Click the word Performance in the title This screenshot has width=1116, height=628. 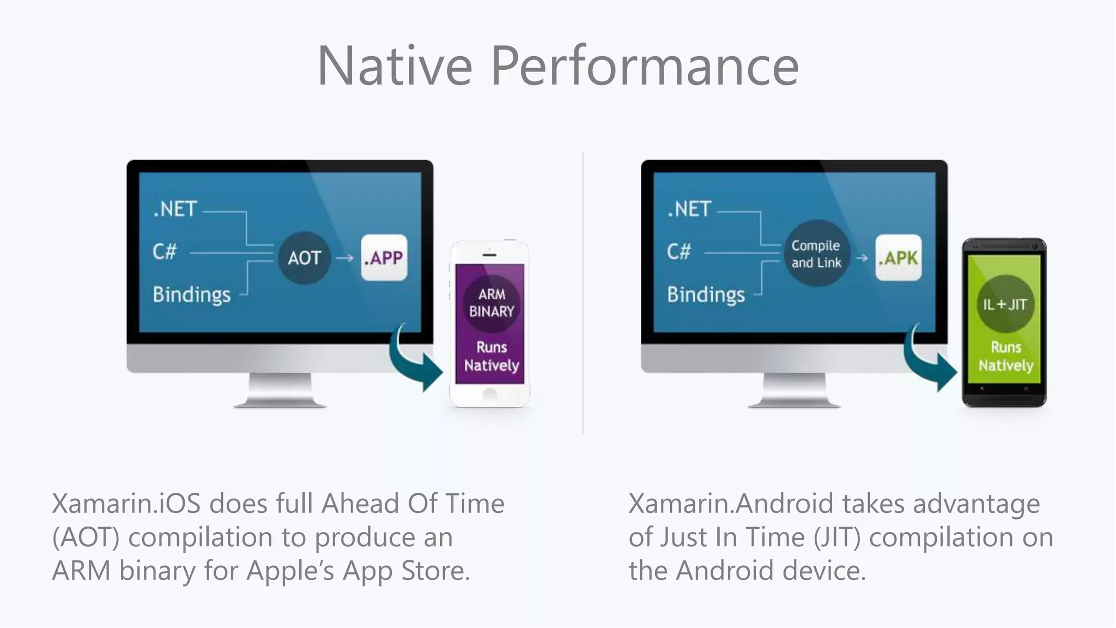645,66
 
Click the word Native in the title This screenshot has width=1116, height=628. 395,66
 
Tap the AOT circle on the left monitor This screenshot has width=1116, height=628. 304,258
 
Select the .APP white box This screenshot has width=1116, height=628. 384,258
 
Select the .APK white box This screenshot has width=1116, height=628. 898,258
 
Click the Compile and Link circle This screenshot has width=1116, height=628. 816,254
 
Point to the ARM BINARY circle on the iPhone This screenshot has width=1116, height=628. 492,303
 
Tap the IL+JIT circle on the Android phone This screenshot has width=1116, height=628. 1005,304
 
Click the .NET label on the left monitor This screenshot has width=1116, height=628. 175,209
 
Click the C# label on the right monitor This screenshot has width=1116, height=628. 679,252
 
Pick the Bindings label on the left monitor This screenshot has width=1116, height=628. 191,295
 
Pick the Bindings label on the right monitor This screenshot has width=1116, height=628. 706,295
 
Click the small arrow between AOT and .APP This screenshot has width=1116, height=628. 344,258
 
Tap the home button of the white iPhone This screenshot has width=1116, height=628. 489,394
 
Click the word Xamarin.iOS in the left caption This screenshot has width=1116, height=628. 126,504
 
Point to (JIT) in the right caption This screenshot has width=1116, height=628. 837,538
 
